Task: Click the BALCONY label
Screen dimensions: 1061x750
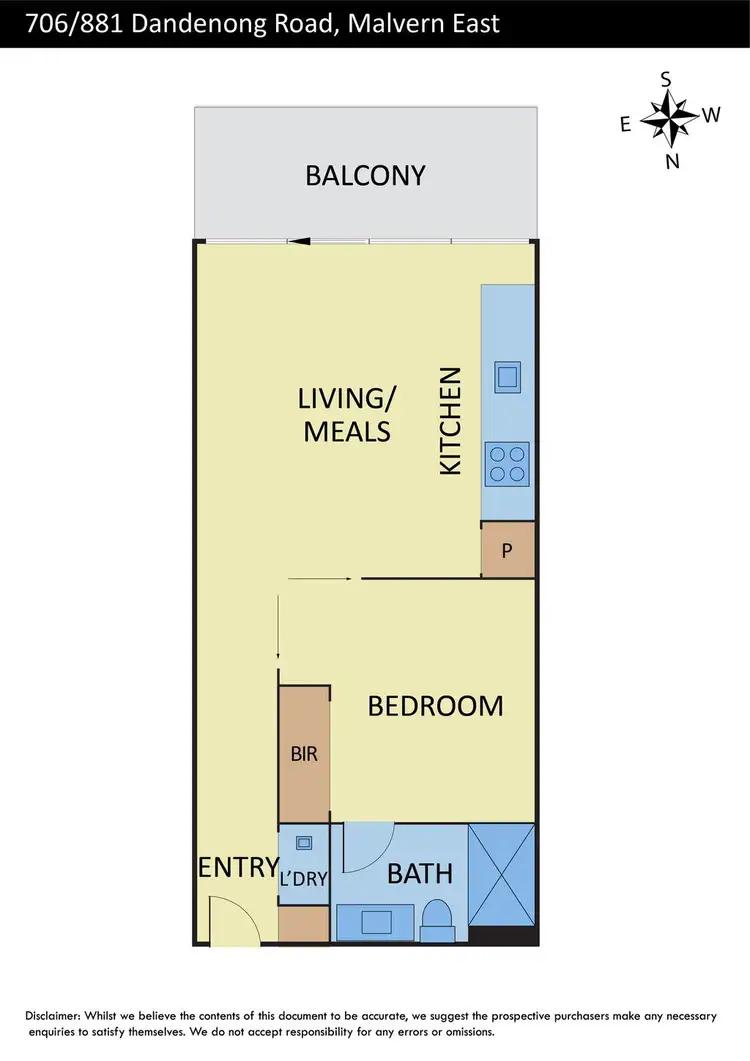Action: tap(365, 176)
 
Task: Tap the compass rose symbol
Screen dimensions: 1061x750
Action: tap(667, 118)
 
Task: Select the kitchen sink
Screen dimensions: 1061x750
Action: tap(507, 377)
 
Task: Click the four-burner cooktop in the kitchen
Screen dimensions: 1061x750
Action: tap(507, 464)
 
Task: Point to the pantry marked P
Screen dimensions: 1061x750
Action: tap(507, 550)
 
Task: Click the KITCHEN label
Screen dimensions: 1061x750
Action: tap(451, 420)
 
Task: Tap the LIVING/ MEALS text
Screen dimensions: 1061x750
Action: tap(347, 415)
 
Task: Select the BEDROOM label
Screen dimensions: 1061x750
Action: tap(435, 706)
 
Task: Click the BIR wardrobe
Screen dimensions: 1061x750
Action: tap(304, 754)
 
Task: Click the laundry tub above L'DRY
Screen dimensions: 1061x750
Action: tap(304, 843)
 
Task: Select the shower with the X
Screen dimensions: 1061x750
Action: tap(502, 874)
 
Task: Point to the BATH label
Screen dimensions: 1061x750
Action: tap(419, 874)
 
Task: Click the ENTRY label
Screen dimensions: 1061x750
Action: tap(237, 867)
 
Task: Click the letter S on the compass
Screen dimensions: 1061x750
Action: tap(666, 79)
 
